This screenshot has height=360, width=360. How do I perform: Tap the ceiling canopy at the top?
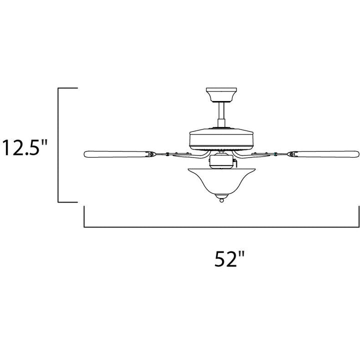[x=221, y=94]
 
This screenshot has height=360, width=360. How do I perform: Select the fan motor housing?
[x=221, y=139]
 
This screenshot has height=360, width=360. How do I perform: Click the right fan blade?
[x=323, y=154]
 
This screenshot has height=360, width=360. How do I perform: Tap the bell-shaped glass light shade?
[x=221, y=182]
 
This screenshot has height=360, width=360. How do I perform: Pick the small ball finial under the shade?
[x=221, y=200]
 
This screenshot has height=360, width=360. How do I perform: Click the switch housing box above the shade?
[x=221, y=161]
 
